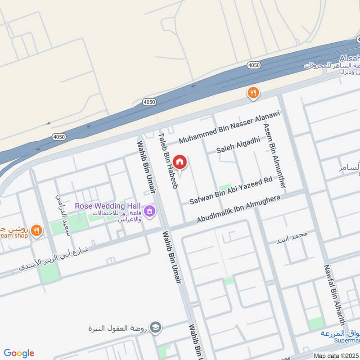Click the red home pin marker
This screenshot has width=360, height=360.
coord(180,162)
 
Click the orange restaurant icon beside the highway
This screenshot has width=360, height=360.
coord(253,93)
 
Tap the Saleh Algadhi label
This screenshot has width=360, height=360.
coord(238,145)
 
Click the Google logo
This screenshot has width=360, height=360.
coord(19,353)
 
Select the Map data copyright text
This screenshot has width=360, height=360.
coord(337,355)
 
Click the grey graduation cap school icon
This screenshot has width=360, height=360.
coord(155,327)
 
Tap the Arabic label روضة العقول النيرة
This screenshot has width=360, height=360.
coord(118,328)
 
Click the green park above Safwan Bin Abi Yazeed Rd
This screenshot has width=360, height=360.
coord(225,188)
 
